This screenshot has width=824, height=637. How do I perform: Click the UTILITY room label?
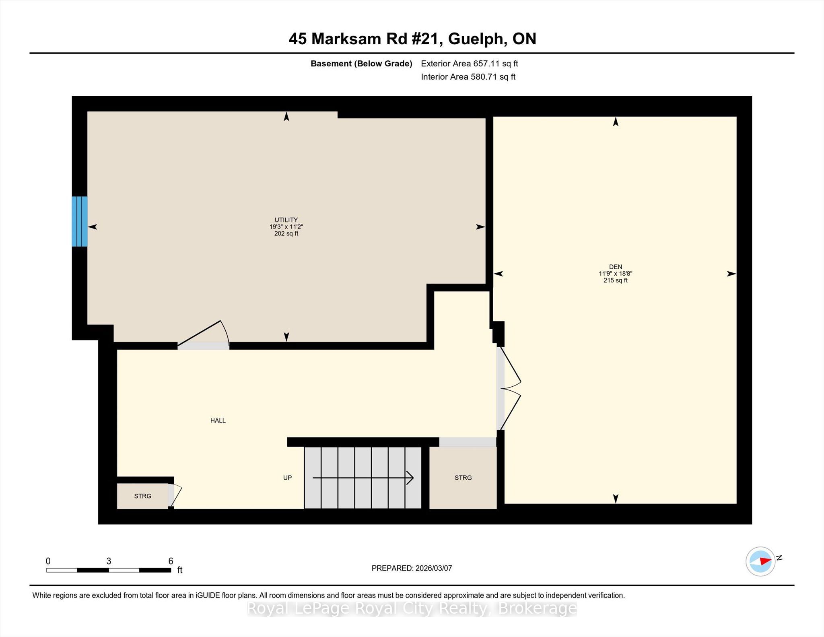(286, 220)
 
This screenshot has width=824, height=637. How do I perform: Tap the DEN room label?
(615, 267)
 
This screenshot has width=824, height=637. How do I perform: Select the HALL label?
(218, 421)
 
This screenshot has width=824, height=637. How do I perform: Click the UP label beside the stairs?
(287, 478)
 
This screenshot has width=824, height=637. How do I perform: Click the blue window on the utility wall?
(80, 221)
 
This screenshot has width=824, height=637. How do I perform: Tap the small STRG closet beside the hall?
(142, 496)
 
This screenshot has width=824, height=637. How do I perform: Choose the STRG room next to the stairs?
(463, 478)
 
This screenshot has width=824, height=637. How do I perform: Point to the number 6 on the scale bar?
(171, 561)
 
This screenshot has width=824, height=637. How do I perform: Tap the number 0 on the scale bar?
(48, 561)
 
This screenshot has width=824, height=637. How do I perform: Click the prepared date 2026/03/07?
(434, 568)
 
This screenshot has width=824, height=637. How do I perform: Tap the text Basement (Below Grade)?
(361, 64)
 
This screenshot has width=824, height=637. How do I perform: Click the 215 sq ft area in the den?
(615, 280)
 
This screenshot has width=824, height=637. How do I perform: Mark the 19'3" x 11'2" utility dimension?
(286, 227)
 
